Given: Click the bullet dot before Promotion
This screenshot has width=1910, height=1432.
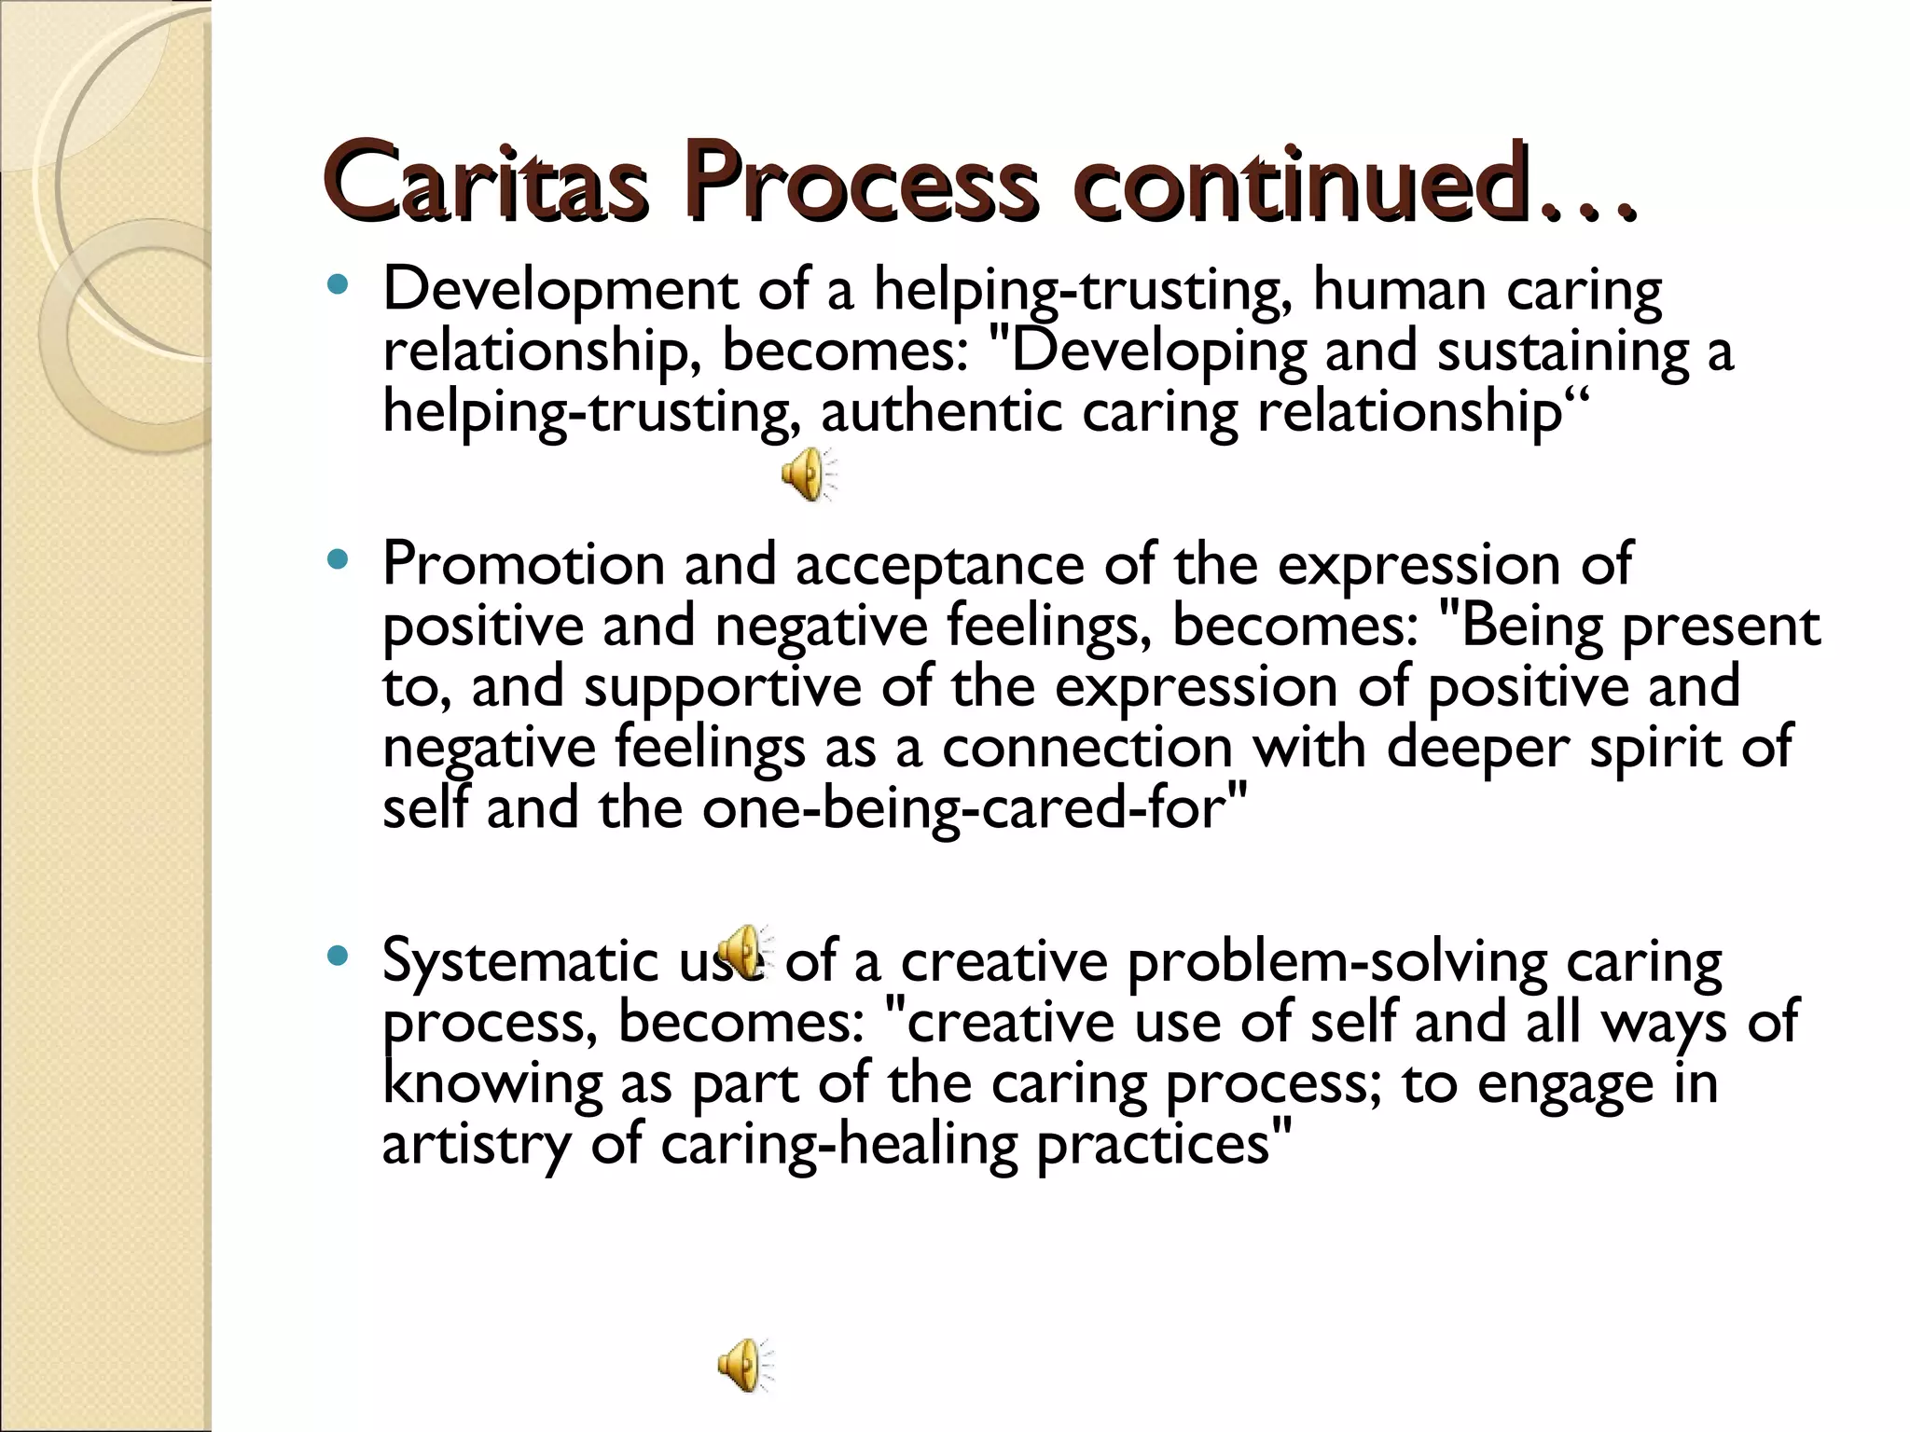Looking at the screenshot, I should point(338,559).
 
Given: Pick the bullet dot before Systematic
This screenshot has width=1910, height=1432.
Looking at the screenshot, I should point(338,956).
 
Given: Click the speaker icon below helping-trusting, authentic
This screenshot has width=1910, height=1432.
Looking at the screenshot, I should point(808,474).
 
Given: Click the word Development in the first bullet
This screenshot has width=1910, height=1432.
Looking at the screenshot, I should point(560,291).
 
